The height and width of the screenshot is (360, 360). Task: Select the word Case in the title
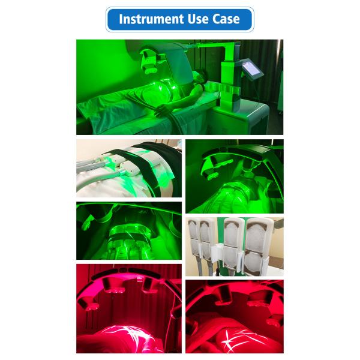[226, 19]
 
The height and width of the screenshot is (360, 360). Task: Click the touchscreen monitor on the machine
[252, 68]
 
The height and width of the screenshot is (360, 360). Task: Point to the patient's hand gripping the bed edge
[161, 110]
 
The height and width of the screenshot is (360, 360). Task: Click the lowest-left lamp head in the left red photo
[88, 303]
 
